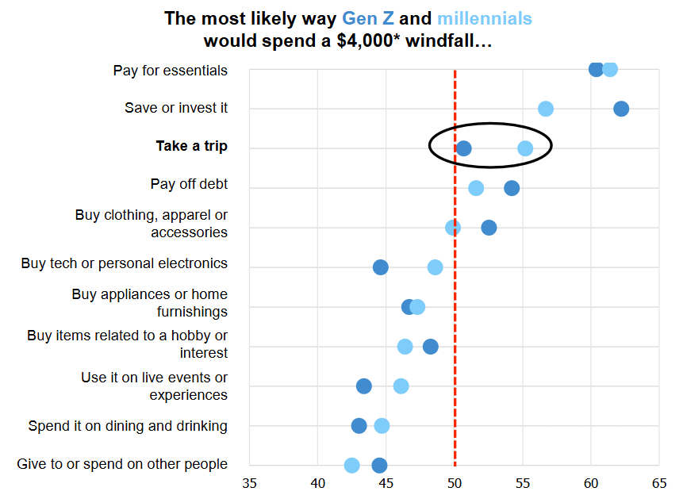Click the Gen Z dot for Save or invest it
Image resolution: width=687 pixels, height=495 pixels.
(621, 109)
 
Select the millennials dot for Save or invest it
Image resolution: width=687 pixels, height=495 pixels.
(545, 109)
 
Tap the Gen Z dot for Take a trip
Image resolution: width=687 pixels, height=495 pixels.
(463, 148)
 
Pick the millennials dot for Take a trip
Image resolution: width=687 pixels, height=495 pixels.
(525, 148)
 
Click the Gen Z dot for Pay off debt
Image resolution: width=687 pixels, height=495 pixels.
(512, 188)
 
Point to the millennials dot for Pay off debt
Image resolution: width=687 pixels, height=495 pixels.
(476, 188)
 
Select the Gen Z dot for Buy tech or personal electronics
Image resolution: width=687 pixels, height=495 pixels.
(380, 267)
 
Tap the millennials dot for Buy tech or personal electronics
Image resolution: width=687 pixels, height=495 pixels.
(435, 267)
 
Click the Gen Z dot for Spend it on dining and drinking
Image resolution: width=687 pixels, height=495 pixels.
(359, 426)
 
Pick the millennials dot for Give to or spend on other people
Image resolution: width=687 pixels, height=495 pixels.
(351, 466)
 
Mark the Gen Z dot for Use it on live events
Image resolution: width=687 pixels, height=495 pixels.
(363, 386)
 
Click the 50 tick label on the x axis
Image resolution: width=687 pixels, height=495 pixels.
(455, 482)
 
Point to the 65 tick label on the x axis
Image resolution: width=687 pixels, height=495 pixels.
(659, 482)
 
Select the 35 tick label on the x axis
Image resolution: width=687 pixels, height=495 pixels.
(250, 482)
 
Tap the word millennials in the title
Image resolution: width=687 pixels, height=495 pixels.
(485, 18)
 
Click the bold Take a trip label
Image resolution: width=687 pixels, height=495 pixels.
(191, 146)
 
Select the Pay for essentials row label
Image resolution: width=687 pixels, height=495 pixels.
(171, 71)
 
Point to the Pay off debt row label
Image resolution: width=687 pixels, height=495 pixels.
(189, 184)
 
